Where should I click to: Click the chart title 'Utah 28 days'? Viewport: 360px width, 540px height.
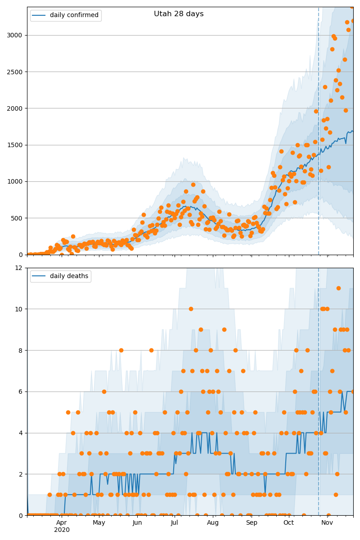tap(179, 14)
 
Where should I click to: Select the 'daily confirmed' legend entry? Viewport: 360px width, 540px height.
tap(66, 15)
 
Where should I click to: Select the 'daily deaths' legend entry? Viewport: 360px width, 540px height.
tap(60, 276)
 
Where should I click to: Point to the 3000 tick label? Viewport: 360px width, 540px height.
tap(14, 35)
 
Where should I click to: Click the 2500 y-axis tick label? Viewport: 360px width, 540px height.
tap(14, 72)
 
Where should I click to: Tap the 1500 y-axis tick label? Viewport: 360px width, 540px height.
tap(14, 145)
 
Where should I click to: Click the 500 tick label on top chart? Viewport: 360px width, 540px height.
tap(16, 218)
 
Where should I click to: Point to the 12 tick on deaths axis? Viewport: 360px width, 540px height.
tap(18, 268)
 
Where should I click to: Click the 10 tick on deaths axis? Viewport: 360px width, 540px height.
tap(18, 309)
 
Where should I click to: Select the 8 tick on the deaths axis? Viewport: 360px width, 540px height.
tap(20, 351)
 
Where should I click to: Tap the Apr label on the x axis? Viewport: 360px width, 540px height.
tap(62, 522)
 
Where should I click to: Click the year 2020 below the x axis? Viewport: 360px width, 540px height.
tap(62, 530)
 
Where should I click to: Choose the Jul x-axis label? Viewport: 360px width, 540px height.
tap(174, 522)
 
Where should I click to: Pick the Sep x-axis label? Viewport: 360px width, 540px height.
tap(252, 522)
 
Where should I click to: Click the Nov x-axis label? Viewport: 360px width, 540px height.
tap(327, 522)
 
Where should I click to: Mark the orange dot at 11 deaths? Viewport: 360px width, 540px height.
tap(338, 288)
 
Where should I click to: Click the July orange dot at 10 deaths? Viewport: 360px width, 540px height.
tap(191, 309)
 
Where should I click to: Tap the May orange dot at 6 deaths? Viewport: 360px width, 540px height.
tap(104, 392)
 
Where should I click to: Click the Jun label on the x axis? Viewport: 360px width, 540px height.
tap(137, 522)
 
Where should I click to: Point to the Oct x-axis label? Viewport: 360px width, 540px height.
tap(288, 522)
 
